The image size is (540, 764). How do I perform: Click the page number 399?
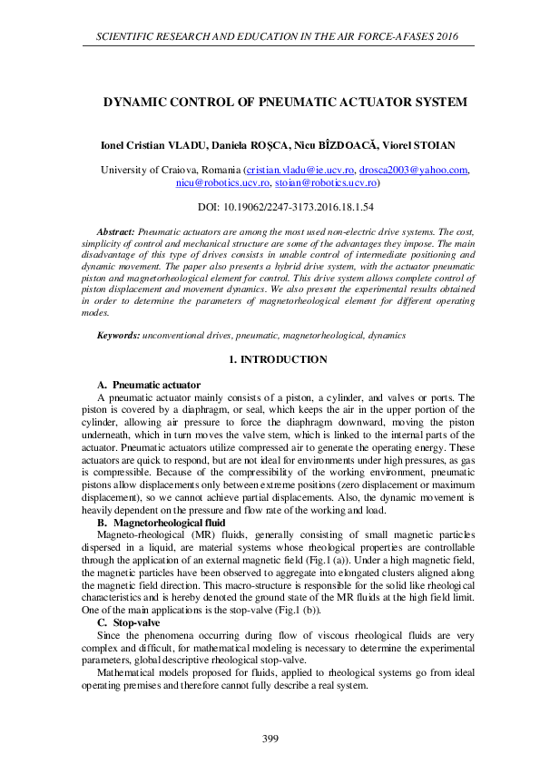(270, 739)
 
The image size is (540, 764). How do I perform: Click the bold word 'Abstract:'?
(115, 233)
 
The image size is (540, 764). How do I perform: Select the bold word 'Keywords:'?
(118, 336)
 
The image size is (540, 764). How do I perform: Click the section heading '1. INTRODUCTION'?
(278, 359)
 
